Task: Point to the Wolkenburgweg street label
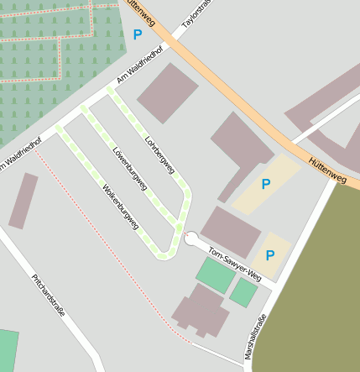pyautogui.click(x=121, y=207)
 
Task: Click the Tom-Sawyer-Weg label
pyautogui.click(x=235, y=265)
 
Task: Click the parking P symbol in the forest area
pyautogui.click(x=138, y=34)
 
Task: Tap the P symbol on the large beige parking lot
pyautogui.click(x=266, y=184)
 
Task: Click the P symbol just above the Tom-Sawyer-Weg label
pyautogui.click(x=270, y=254)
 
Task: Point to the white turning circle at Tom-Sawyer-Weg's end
pyautogui.click(x=190, y=239)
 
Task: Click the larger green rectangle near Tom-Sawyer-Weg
pyautogui.click(x=215, y=275)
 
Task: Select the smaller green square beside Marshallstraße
pyautogui.click(x=244, y=292)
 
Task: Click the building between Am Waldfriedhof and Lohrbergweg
pyautogui.click(x=168, y=93)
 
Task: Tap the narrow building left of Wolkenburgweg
pyautogui.click(x=23, y=202)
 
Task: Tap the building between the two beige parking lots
pyautogui.click(x=232, y=231)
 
